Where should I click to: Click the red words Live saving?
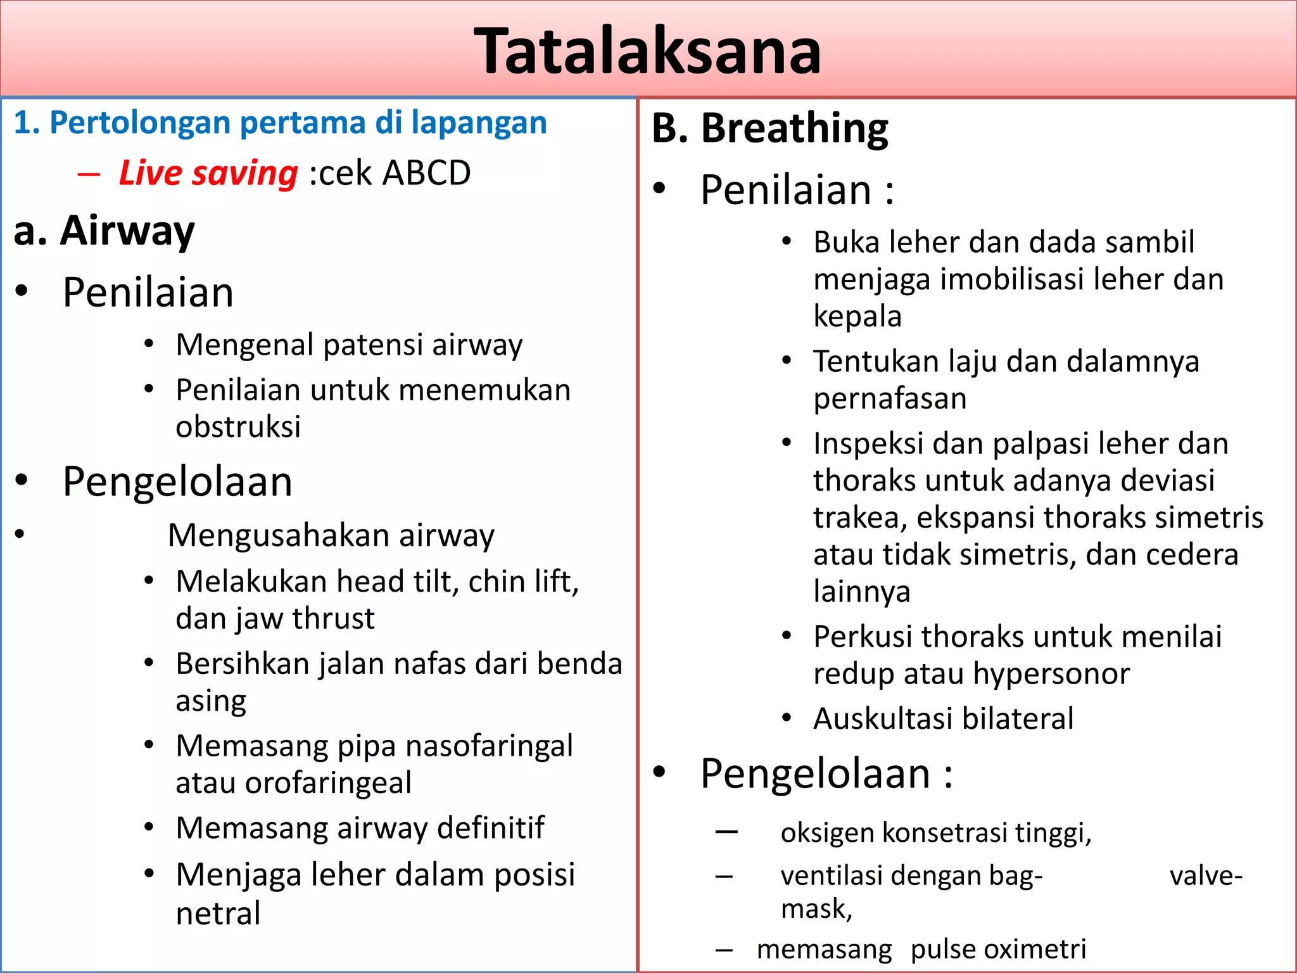click(x=208, y=173)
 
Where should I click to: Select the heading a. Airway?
click(x=104, y=231)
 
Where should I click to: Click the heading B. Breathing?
click(x=769, y=129)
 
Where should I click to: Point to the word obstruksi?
click(x=237, y=427)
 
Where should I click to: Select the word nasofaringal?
click(x=489, y=746)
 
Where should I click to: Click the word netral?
click(x=218, y=913)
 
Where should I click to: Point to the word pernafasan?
click(x=890, y=399)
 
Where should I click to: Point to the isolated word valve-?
click(x=1206, y=876)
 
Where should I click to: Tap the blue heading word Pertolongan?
click(x=140, y=122)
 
